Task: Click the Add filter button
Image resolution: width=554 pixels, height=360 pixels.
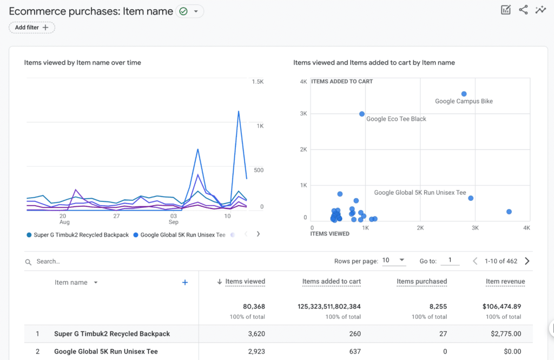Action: pos(32,28)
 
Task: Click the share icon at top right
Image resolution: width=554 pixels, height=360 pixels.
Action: pos(523,10)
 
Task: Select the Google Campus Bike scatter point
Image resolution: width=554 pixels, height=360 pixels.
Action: pos(464,94)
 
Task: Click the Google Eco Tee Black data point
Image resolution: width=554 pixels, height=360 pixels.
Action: pos(362,114)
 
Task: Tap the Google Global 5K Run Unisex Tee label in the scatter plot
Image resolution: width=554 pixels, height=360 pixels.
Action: pos(420,193)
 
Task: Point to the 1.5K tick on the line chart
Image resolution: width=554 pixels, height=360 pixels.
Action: pos(258,82)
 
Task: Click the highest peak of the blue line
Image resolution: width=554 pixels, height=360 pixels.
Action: pos(238,112)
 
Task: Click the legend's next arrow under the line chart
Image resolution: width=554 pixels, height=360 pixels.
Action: pos(258,234)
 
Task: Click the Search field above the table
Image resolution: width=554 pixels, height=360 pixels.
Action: pos(108,261)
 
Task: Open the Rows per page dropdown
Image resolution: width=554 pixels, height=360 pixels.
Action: pos(394,260)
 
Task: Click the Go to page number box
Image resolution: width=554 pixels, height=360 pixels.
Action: pos(450,260)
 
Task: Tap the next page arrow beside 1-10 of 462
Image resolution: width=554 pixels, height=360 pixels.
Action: pos(527,261)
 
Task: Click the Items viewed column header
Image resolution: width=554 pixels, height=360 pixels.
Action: pos(245,282)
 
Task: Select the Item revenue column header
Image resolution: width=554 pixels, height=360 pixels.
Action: pos(505,282)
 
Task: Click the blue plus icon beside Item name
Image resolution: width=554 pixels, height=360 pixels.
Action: pos(185,282)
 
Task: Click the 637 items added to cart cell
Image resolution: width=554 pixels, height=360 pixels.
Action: pos(355,351)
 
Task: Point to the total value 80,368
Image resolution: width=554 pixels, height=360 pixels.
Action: pos(251,306)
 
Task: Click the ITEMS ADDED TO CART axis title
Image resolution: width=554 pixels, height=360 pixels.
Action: pos(342,82)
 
